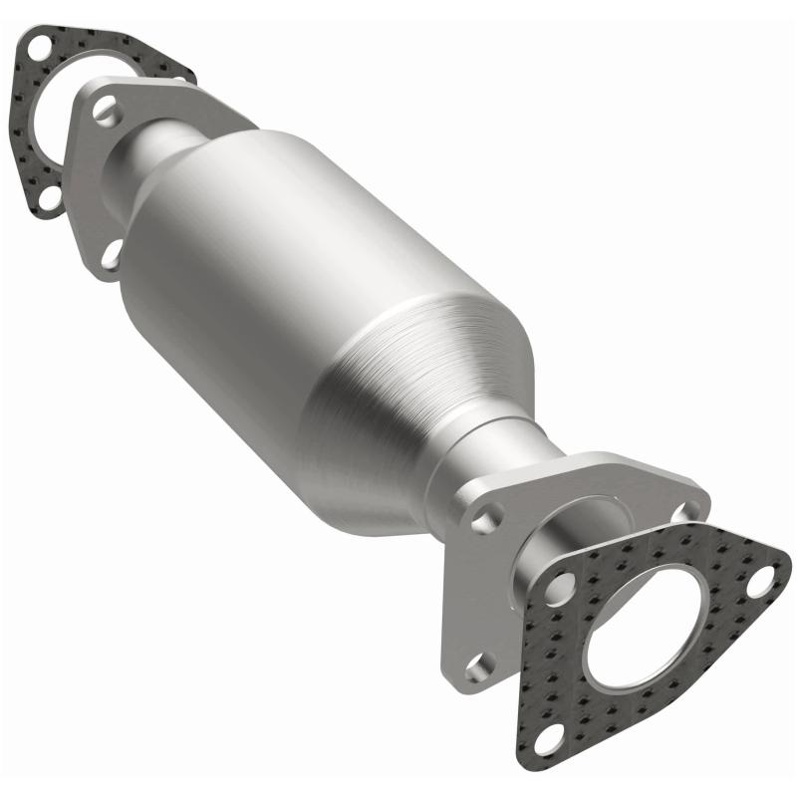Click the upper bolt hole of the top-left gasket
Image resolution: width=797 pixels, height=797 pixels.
pyautogui.click(x=40, y=47)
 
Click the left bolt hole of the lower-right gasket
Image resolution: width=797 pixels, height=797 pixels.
pyautogui.click(x=559, y=589)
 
